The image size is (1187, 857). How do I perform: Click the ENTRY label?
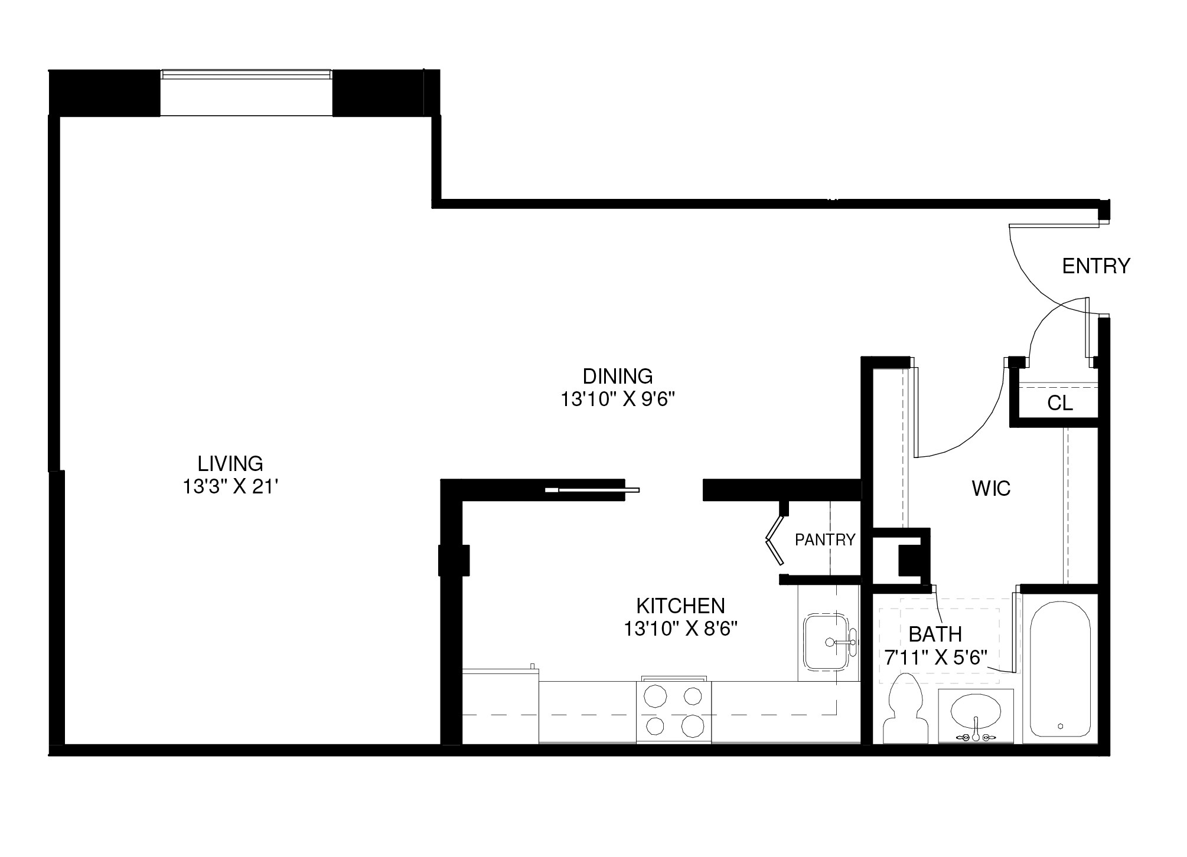(1095, 266)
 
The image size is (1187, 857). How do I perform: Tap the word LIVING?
(230, 463)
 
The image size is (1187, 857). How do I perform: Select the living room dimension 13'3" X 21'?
(230, 487)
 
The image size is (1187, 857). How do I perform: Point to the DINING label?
(617, 376)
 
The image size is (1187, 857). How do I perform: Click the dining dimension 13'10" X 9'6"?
(617, 400)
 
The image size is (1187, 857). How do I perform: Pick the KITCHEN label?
(680, 606)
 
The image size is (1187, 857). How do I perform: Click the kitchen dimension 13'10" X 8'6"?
(681, 630)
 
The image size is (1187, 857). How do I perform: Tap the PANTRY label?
(825, 539)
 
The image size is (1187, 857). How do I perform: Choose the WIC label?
(991, 489)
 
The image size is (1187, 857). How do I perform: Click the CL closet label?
(1060, 404)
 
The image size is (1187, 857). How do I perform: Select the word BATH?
(935, 634)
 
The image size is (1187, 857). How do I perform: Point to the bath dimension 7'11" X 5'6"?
(936, 658)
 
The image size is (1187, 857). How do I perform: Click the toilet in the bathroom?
(904, 711)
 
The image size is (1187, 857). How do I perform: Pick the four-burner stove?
(673, 712)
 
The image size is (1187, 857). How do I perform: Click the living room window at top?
(246, 74)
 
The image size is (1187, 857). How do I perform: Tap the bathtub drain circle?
(1061, 726)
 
